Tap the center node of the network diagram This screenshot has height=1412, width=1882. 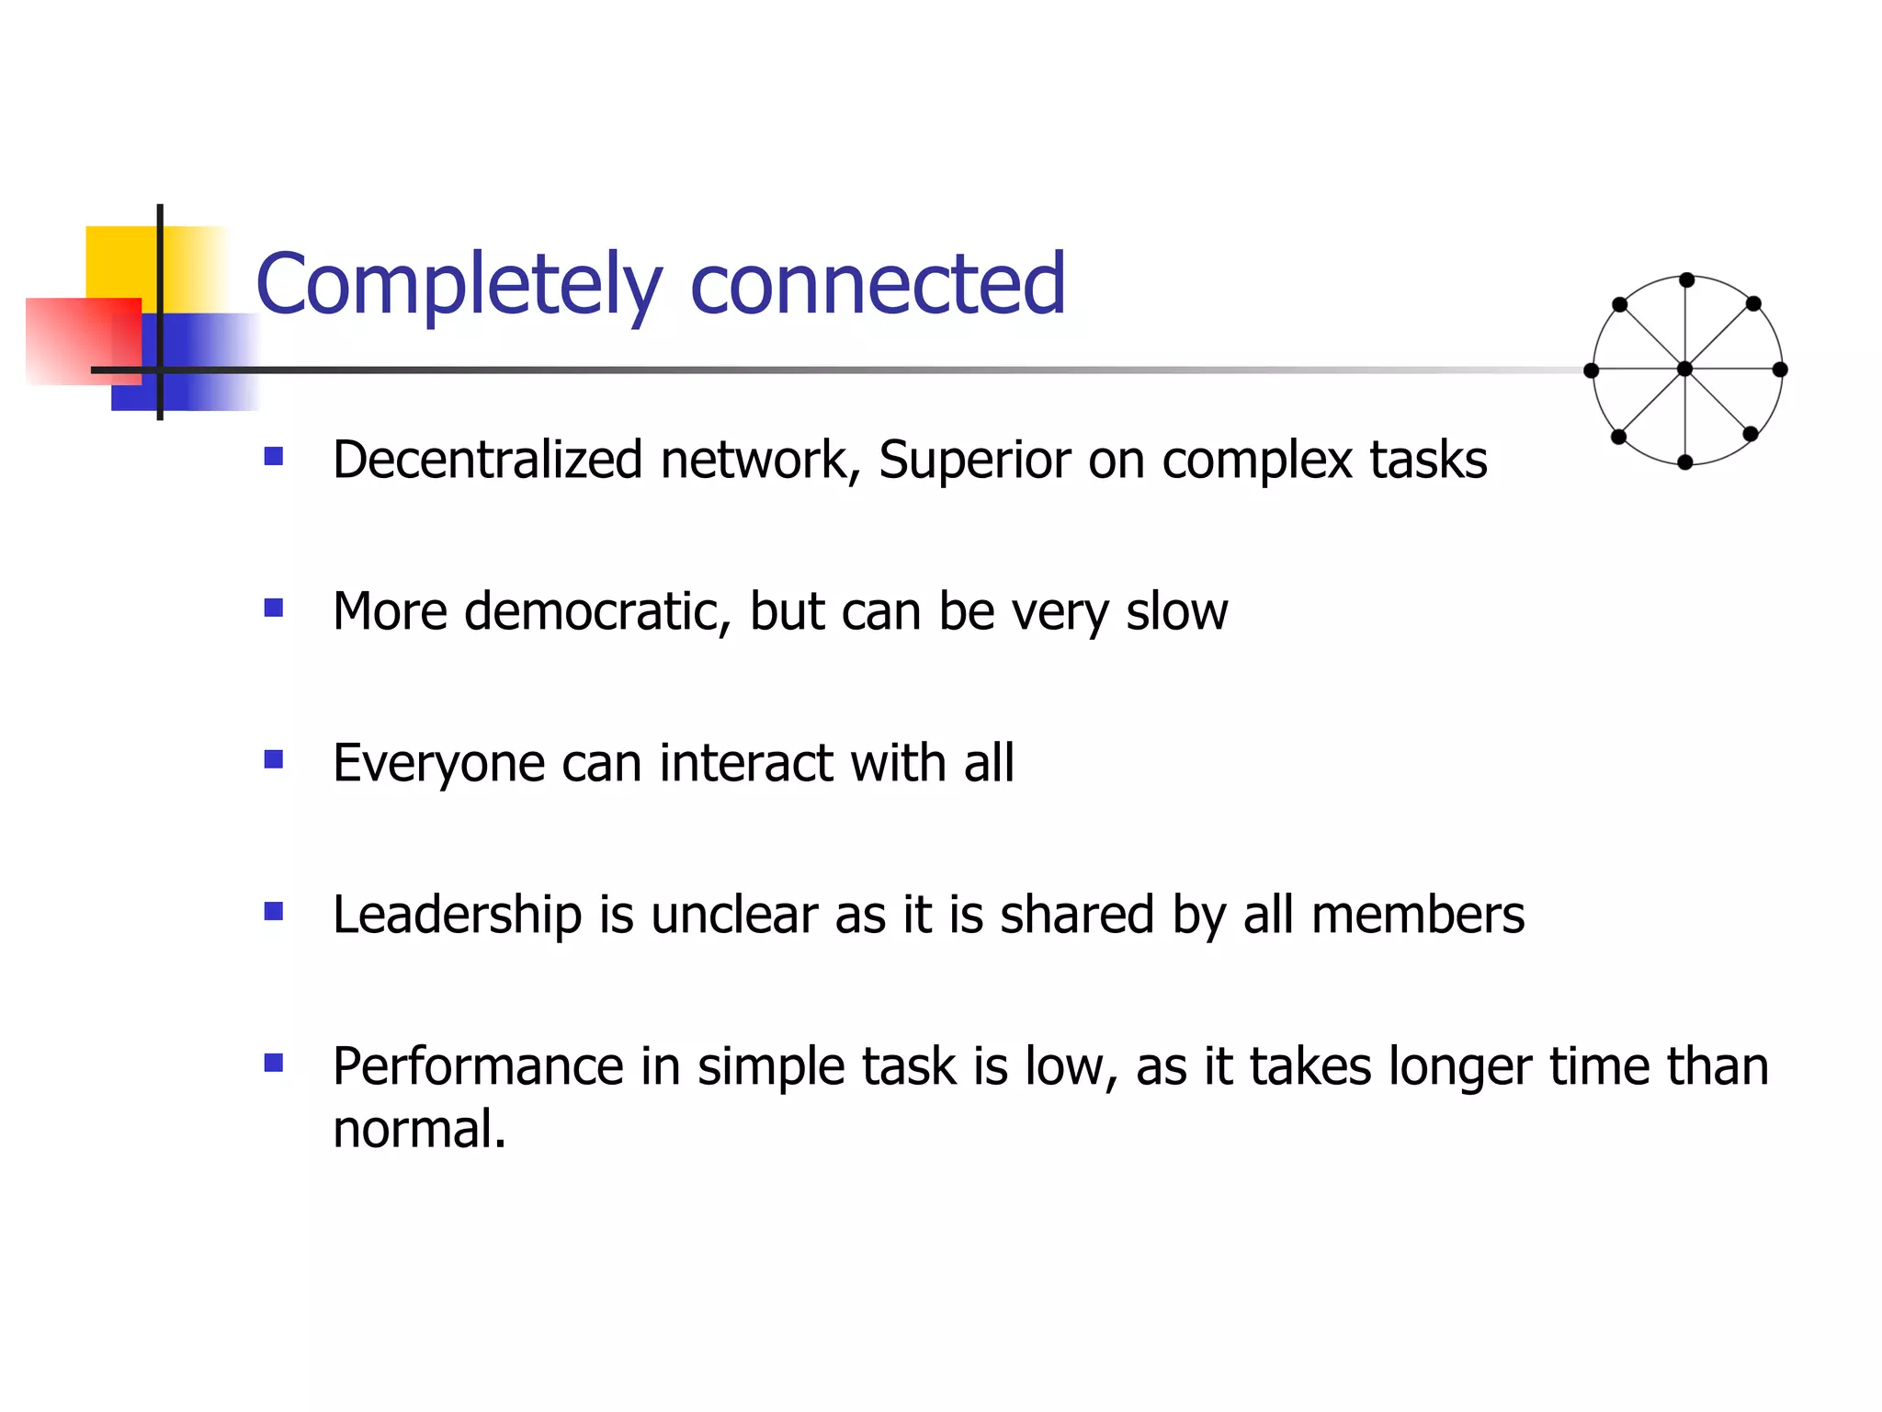[1684, 370]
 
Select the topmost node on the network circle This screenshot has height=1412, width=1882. [1686, 280]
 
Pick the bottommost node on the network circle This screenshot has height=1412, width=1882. [1684, 462]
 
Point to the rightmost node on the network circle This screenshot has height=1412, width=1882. [1780, 370]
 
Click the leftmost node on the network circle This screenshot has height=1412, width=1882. [1592, 370]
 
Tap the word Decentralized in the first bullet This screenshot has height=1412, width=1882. [487, 460]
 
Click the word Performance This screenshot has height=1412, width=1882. [478, 1067]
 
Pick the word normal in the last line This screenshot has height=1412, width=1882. [418, 1130]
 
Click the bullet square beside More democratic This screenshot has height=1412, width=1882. [273, 608]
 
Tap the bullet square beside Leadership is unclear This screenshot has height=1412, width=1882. [273, 911]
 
